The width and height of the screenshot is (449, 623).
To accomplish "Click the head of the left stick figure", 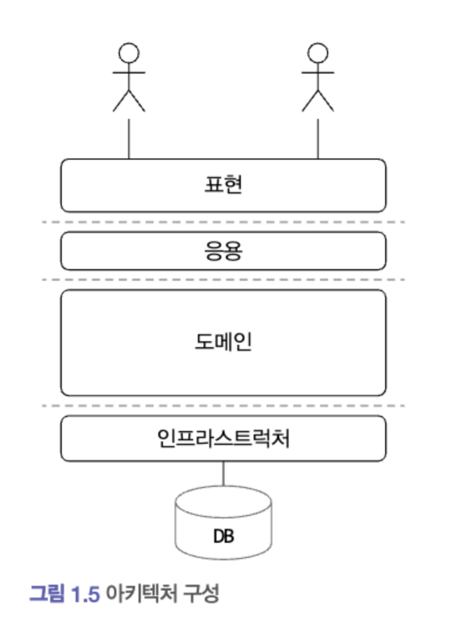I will (x=129, y=53).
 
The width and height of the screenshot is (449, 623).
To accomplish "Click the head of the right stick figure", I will (x=318, y=53).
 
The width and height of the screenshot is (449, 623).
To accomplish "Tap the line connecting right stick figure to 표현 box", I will (x=318, y=139).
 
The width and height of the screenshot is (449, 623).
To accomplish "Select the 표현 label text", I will (x=223, y=185).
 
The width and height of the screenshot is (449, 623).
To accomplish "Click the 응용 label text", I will (x=223, y=251).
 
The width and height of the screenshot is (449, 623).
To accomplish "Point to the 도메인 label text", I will (x=223, y=341).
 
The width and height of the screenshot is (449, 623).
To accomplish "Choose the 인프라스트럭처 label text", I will (x=223, y=438).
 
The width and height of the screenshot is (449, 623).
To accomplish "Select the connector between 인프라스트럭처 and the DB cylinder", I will (x=223, y=474).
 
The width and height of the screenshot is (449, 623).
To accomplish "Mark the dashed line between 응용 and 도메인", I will (x=223, y=280).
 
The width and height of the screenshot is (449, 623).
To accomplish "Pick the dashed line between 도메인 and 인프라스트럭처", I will (x=223, y=405).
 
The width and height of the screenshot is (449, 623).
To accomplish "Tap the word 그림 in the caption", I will (x=47, y=594).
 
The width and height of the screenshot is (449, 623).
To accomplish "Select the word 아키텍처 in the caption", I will (x=141, y=594).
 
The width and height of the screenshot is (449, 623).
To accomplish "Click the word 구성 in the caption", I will (x=201, y=594).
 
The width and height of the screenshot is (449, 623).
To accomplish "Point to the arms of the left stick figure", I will (x=129, y=73).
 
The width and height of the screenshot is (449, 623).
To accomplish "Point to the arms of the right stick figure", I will (x=318, y=73).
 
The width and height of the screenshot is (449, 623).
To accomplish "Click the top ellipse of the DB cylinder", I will (x=223, y=502).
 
